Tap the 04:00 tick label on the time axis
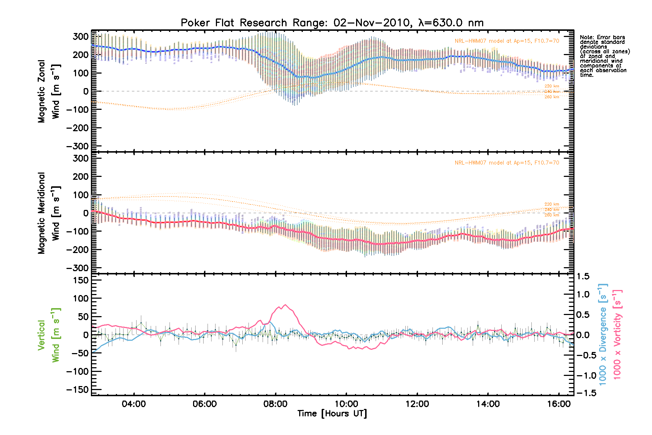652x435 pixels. [134, 404]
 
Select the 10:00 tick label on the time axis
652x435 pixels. [346, 404]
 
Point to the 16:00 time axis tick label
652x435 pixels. [559, 404]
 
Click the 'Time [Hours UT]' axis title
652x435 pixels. [332, 414]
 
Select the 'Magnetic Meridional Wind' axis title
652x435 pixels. [49, 213]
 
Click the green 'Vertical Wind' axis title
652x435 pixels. [49, 335]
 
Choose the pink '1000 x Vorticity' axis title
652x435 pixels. [617, 335]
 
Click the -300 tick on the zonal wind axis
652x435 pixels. [78, 146]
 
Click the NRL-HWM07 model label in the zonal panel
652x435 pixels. [507, 41]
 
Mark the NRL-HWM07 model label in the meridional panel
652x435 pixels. [507, 163]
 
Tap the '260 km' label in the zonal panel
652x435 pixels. [552, 97]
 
